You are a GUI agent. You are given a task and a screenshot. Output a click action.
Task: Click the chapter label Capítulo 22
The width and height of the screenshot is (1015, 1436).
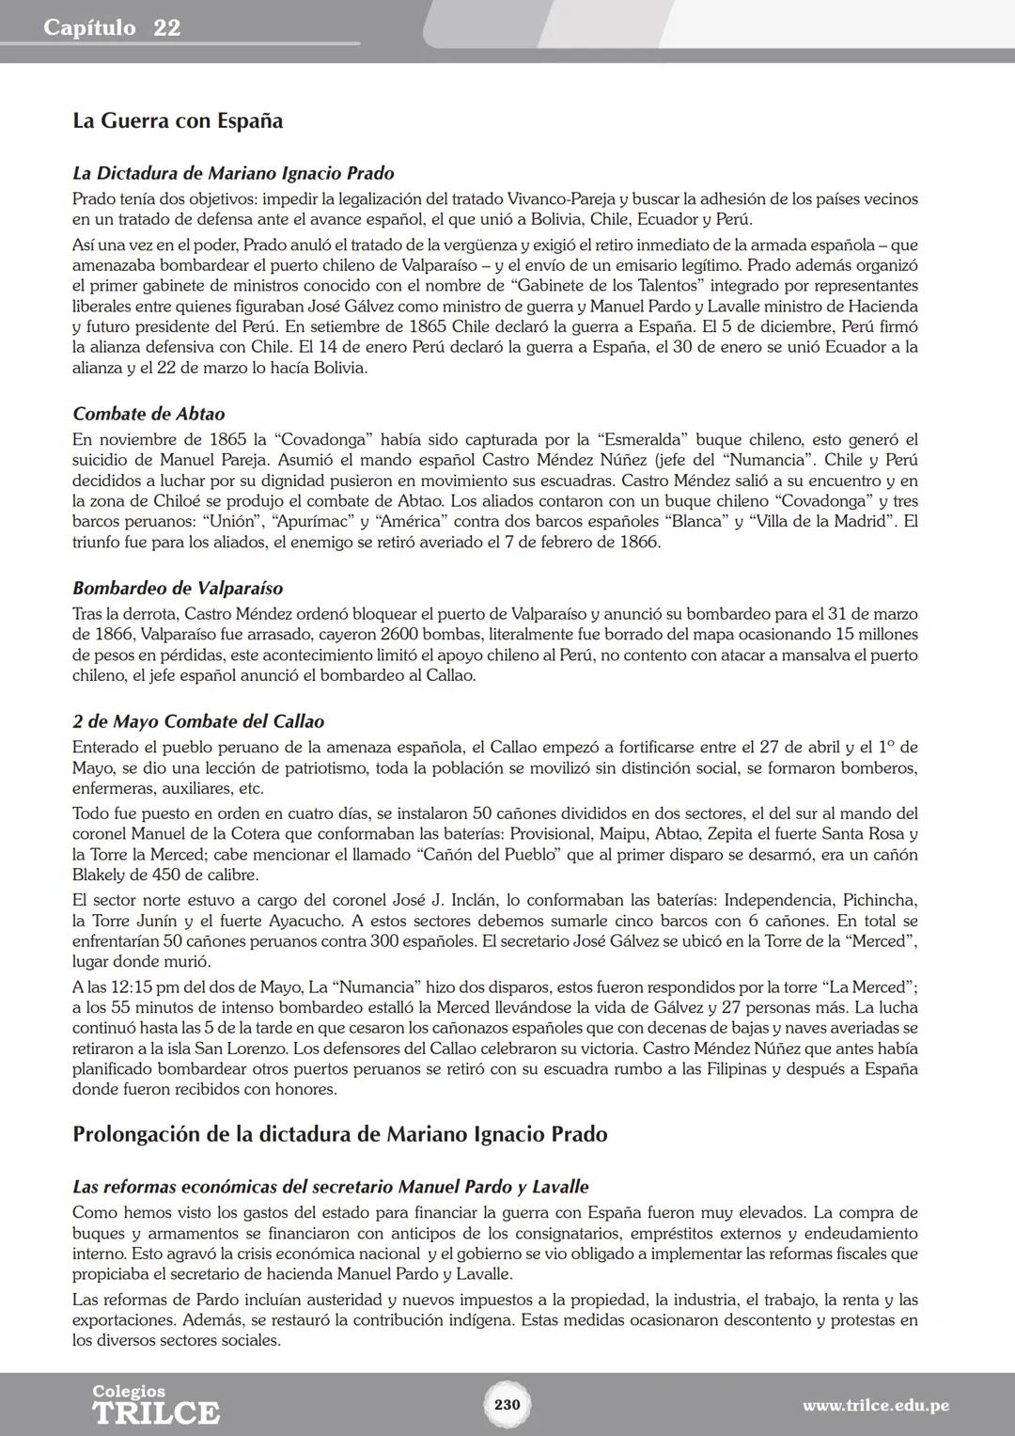[x=112, y=28]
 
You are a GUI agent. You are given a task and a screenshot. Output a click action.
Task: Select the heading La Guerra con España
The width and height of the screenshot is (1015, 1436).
[x=178, y=121]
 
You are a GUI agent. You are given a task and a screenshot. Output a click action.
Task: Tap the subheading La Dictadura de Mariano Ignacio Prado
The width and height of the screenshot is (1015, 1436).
[x=233, y=173]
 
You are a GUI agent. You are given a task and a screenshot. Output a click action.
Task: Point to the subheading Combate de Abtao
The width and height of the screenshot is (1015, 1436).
[x=148, y=414]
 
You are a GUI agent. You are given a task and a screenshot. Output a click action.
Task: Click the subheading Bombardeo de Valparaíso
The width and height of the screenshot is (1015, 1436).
[x=178, y=589]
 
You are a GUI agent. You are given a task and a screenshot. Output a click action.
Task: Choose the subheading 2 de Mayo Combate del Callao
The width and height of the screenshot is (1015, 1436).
[x=198, y=721]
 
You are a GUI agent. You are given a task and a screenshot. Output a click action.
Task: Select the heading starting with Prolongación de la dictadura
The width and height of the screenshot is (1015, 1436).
[x=339, y=1134]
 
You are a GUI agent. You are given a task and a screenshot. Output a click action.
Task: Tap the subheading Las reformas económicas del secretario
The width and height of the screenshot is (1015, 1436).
[x=330, y=1187]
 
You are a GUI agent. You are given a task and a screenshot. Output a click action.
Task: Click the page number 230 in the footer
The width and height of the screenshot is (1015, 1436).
[x=507, y=1405]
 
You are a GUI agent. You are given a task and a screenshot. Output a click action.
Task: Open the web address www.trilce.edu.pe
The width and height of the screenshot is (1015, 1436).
[x=875, y=1406]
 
